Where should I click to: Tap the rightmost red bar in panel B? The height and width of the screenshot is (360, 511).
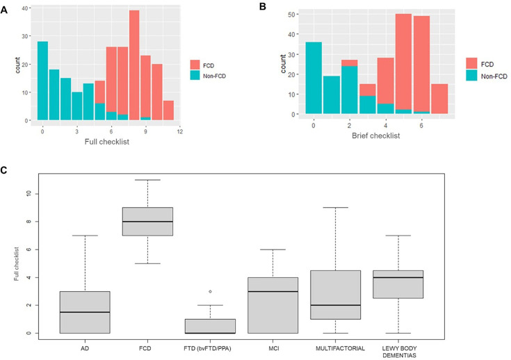pos(439,99)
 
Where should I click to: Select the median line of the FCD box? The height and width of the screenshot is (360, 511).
pos(166,222)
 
